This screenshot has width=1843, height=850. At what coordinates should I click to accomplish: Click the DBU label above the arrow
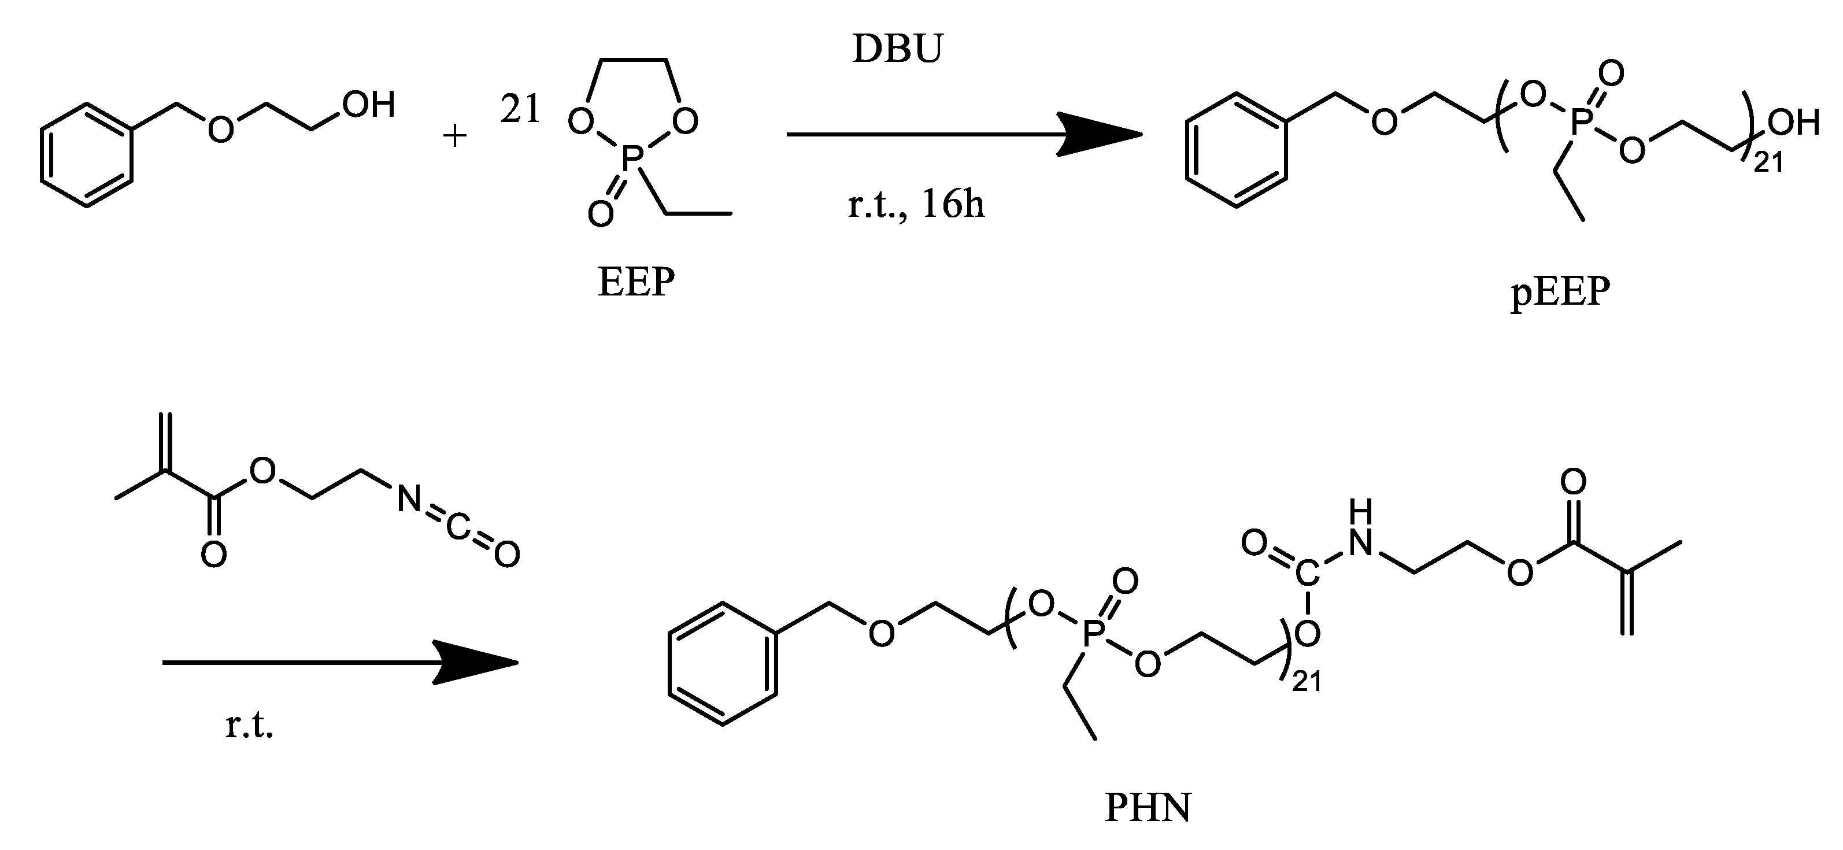point(897,49)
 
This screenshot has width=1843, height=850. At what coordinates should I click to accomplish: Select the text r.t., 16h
point(916,205)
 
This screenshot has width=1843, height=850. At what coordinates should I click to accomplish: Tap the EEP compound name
point(636,282)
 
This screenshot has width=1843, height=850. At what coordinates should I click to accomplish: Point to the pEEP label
point(1560,292)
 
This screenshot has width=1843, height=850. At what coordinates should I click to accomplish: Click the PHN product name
point(1148,808)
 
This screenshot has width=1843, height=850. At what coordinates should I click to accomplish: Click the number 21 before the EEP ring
point(520,109)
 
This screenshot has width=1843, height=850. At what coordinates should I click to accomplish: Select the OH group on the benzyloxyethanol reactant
point(368,105)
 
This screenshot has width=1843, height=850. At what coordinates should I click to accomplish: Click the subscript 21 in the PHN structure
point(1307,682)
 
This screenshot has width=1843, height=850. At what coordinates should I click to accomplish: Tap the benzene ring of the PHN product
point(723,664)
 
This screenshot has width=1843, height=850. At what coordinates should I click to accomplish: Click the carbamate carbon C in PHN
point(1307,573)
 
